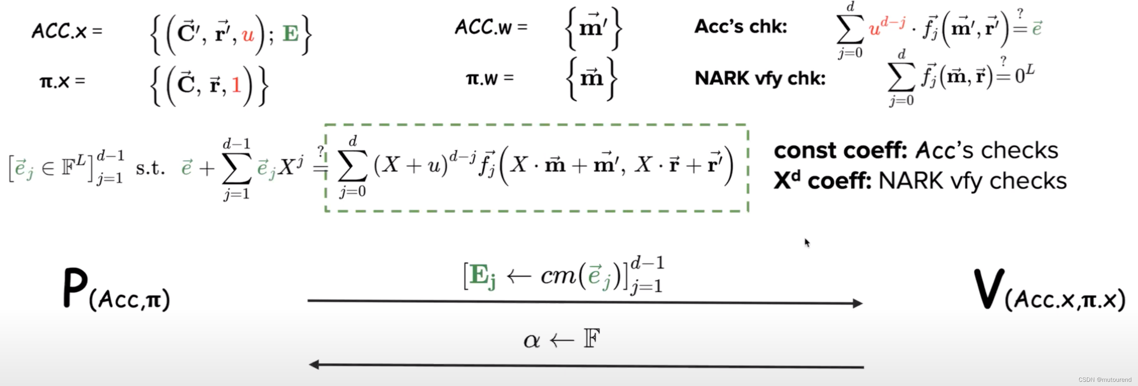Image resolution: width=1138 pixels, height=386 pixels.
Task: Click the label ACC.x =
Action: [x=67, y=31]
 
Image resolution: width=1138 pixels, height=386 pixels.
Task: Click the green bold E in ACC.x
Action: [x=290, y=34]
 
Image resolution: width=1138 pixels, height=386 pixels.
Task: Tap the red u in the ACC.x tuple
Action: [x=248, y=35]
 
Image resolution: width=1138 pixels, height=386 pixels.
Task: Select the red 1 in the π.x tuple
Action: [x=236, y=85]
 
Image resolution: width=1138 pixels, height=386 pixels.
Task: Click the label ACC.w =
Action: [x=491, y=28]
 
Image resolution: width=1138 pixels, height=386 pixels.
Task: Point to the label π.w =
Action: [x=490, y=79]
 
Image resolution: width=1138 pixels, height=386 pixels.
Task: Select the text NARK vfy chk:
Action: [x=760, y=78]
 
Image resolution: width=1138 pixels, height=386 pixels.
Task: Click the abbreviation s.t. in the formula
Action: [x=150, y=168]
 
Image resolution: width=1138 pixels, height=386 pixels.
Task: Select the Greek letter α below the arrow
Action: [x=532, y=341]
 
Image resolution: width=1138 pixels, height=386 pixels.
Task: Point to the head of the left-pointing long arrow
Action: [x=314, y=364]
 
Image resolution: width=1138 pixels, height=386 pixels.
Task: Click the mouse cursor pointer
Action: [x=807, y=243]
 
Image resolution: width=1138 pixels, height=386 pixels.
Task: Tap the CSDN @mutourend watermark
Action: [x=1104, y=379]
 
